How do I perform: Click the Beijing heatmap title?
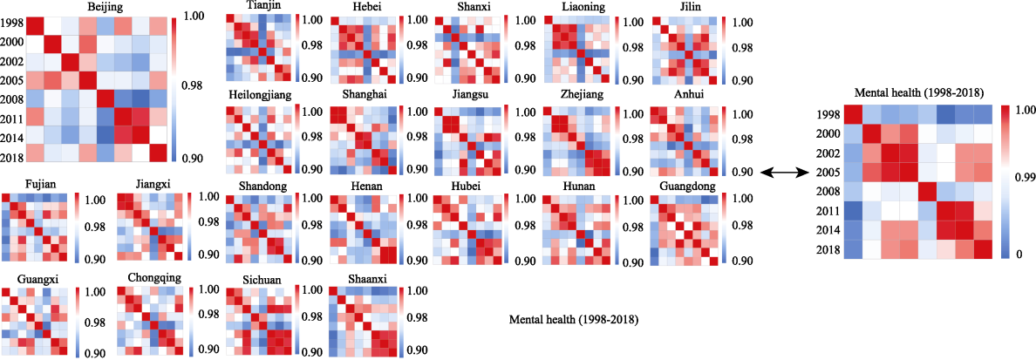tap(105, 7)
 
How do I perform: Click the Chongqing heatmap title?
tap(153, 278)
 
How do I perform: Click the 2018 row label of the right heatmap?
tap(828, 249)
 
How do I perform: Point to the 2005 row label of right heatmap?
tap(828, 172)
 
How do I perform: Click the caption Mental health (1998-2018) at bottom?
tap(573, 321)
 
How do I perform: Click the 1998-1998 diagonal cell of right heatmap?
tap(853, 114)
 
